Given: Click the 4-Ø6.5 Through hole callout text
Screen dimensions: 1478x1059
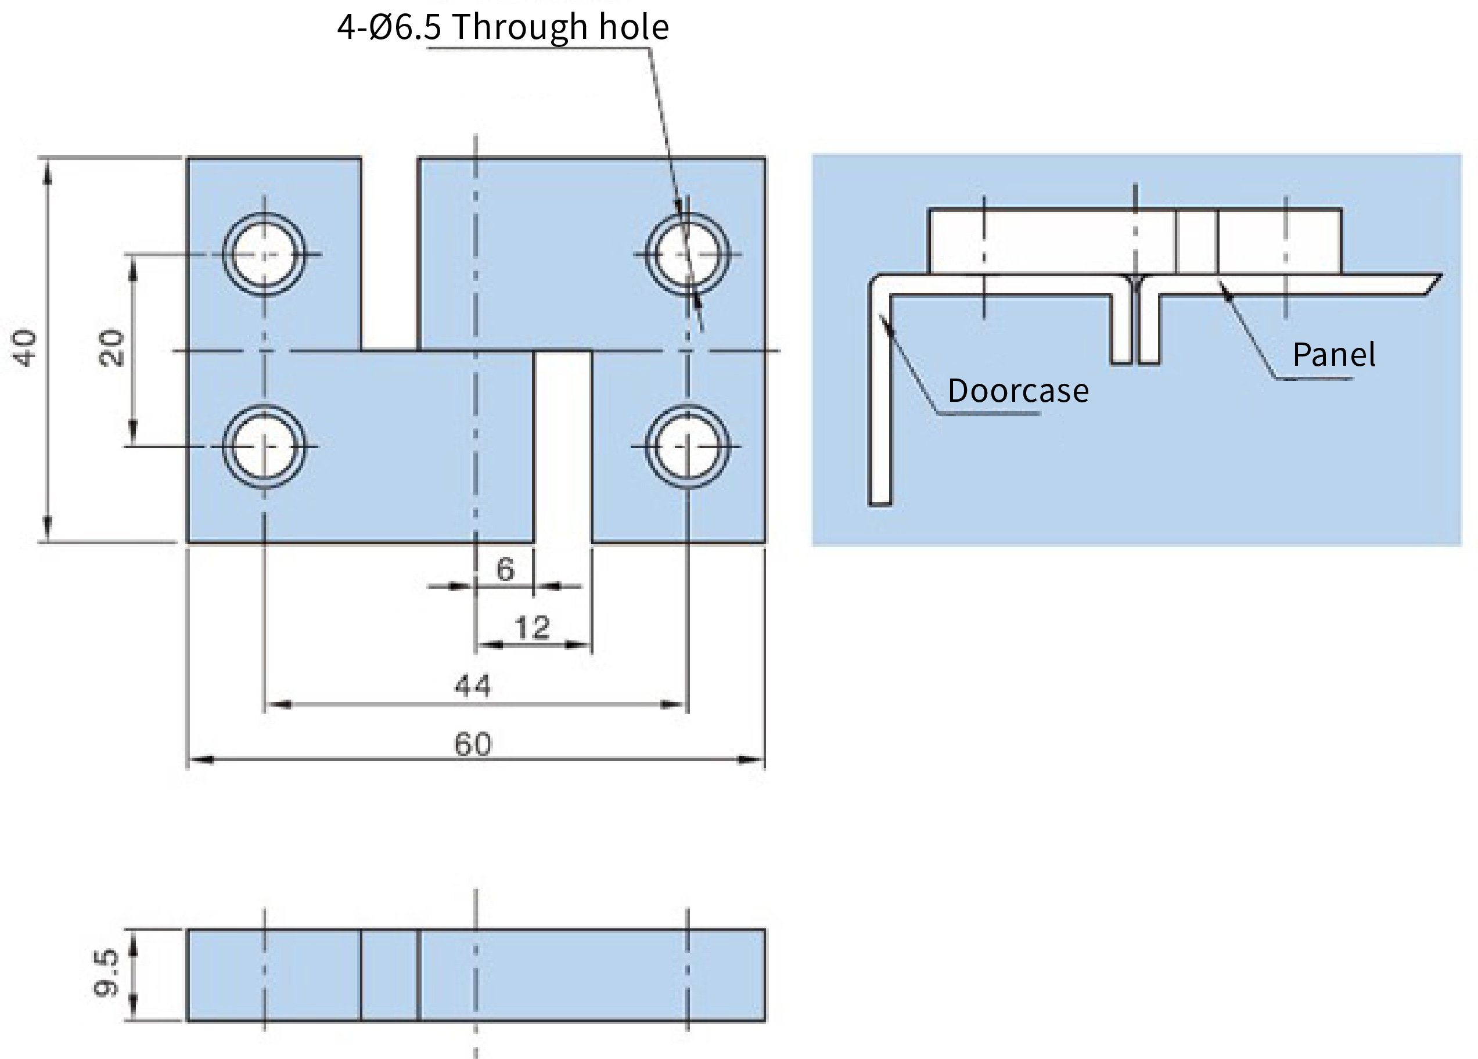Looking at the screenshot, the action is coord(502,27).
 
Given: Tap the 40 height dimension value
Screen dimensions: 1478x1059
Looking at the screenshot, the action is coord(26,349).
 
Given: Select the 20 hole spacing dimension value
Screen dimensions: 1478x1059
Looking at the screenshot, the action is coord(111,349).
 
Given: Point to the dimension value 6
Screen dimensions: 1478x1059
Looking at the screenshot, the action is coord(505,570).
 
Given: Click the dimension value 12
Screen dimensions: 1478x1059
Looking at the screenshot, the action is coord(533,628).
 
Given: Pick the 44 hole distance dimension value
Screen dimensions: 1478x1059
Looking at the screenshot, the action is coord(473,686).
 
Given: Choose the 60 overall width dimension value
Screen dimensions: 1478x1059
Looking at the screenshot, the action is coord(473,744).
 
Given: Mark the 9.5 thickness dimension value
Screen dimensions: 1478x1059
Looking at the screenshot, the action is coord(106,974).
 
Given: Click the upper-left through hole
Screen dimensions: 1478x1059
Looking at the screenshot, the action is coord(264,254).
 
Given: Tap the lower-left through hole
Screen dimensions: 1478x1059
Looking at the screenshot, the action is coord(264,446).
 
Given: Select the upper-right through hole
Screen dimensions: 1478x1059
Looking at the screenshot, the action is coord(688,254).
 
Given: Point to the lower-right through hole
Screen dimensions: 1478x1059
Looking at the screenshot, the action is coord(688,446).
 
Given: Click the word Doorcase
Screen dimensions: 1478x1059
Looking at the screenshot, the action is coord(1018,391).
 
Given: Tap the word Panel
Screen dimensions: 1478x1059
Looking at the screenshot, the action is coord(1334,355).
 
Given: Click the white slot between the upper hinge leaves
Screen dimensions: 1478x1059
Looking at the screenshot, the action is coord(390,254).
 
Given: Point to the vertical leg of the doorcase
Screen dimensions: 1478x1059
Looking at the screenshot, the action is coord(880,398).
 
